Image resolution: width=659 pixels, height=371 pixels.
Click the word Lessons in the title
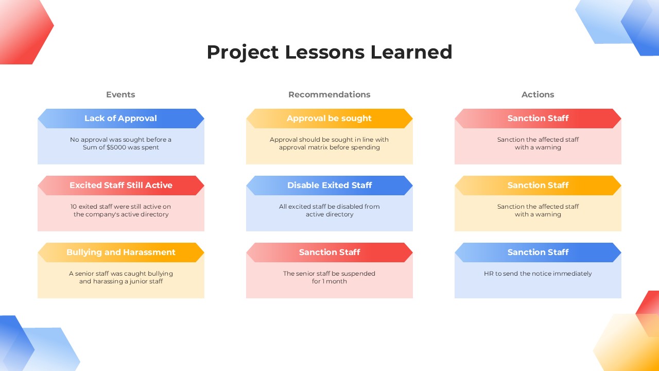tap(324, 52)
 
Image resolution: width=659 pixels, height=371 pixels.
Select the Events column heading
tap(120, 94)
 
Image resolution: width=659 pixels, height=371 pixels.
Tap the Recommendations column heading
tap(329, 94)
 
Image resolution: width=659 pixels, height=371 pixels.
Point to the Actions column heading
tap(538, 94)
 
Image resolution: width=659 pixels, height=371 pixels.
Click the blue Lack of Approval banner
tap(121, 119)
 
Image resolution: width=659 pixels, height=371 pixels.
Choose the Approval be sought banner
tap(329, 119)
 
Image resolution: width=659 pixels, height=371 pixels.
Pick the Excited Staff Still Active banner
tap(121, 185)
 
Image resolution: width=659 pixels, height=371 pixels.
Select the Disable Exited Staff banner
tap(329, 185)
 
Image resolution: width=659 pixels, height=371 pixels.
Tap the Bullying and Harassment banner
tap(121, 252)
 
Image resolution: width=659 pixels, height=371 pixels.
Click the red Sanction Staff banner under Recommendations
tap(329, 252)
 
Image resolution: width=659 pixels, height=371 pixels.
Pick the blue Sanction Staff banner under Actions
tap(538, 252)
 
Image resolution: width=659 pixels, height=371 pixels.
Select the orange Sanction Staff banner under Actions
tap(538, 185)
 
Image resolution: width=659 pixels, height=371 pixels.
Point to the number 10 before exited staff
tap(74, 207)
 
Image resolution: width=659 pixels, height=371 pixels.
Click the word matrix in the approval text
tap(316, 147)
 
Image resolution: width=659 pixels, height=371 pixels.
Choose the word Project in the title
tap(242, 53)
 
